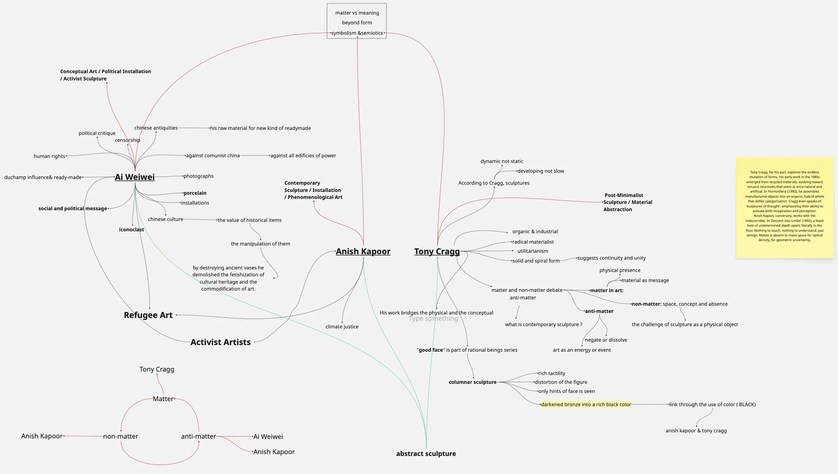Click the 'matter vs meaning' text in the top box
pyautogui.click(x=357, y=13)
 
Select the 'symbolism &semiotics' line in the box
pyautogui.click(x=357, y=33)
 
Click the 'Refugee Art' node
pyautogui.click(x=148, y=315)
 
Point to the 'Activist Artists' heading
pyautogui.click(x=221, y=342)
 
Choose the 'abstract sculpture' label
pyautogui.click(x=426, y=454)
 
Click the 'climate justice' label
pyautogui.click(x=342, y=327)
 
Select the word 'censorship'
pyautogui.click(x=127, y=140)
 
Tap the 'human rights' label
pyautogui.click(x=49, y=156)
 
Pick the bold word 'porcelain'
pyautogui.click(x=195, y=193)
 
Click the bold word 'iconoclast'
pyautogui.click(x=131, y=229)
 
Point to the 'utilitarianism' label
pyautogui.click(x=533, y=251)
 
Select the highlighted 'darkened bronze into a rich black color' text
pyautogui.click(x=586, y=404)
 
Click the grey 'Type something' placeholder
pyautogui.click(x=433, y=319)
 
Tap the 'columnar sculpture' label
pyautogui.click(x=473, y=382)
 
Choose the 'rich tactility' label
pyautogui.click(x=552, y=373)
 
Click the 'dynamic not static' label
pyautogui.click(x=502, y=161)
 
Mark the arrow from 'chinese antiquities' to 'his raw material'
pyautogui.click(x=194, y=128)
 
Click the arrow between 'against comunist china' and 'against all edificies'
pyautogui.click(x=255, y=155)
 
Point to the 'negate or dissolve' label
pyautogui.click(x=606, y=340)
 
